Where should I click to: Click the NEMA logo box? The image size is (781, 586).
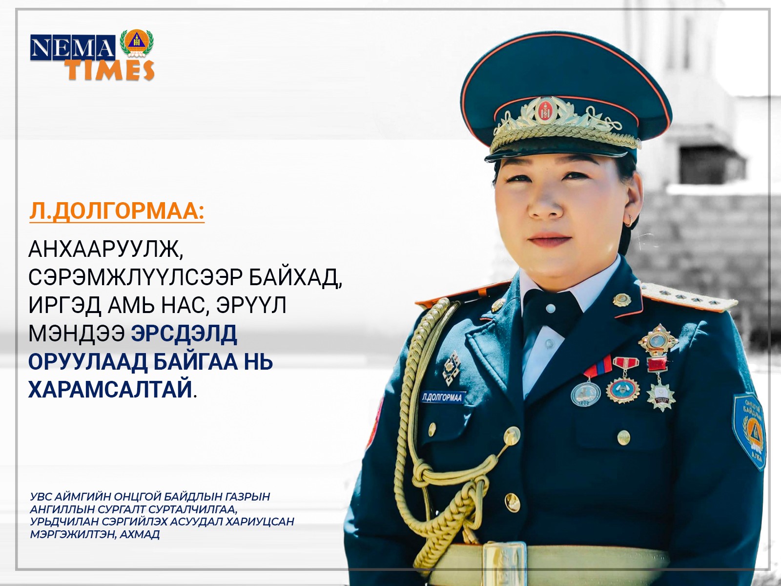click(73, 47)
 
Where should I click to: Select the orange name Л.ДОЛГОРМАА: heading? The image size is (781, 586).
click(117, 212)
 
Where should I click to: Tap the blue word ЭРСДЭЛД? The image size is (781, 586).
click(184, 334)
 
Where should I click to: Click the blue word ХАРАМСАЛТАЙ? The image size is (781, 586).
click(110, 390)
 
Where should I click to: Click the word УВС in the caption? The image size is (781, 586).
click(41, 496)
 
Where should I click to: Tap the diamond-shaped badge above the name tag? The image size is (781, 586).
click(452, 367)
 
